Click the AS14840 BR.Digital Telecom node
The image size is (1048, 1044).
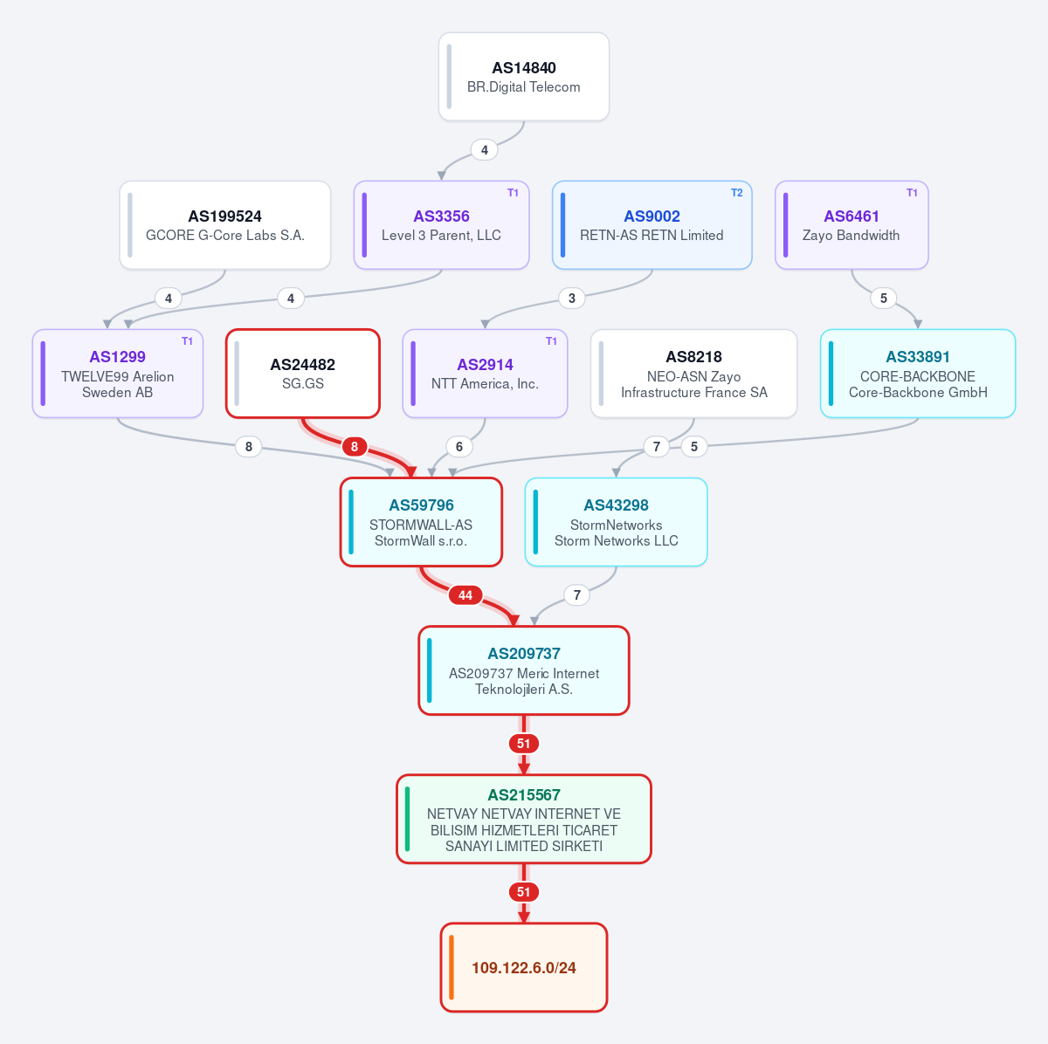coord(524,77)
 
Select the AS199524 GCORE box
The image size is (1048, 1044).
coord(225,225)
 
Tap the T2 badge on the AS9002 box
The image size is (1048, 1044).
coord(736,193)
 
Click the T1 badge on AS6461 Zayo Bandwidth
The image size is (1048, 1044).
coord(912,193)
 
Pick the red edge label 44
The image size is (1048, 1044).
coord(465,595)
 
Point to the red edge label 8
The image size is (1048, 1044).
coord(355,447)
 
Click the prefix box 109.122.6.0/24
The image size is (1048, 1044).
coord(524,967)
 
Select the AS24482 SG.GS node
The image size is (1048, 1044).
coord(303,374)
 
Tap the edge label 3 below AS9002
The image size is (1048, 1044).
coord(571,299)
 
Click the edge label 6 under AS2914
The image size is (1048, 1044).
coord(459,447)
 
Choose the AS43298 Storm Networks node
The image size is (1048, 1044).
coord(617,522)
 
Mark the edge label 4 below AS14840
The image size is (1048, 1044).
coord(485,150)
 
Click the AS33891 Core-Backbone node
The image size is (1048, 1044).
coord(918,374)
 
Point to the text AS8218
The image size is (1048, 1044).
coord(694,357)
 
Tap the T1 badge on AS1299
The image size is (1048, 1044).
coord(187,341)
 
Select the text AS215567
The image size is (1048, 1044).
coord(524,795)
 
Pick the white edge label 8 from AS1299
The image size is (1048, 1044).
coord(249,447)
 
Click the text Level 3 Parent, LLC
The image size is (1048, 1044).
coord(441,236)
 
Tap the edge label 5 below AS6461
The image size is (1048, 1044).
coord(884,299)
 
